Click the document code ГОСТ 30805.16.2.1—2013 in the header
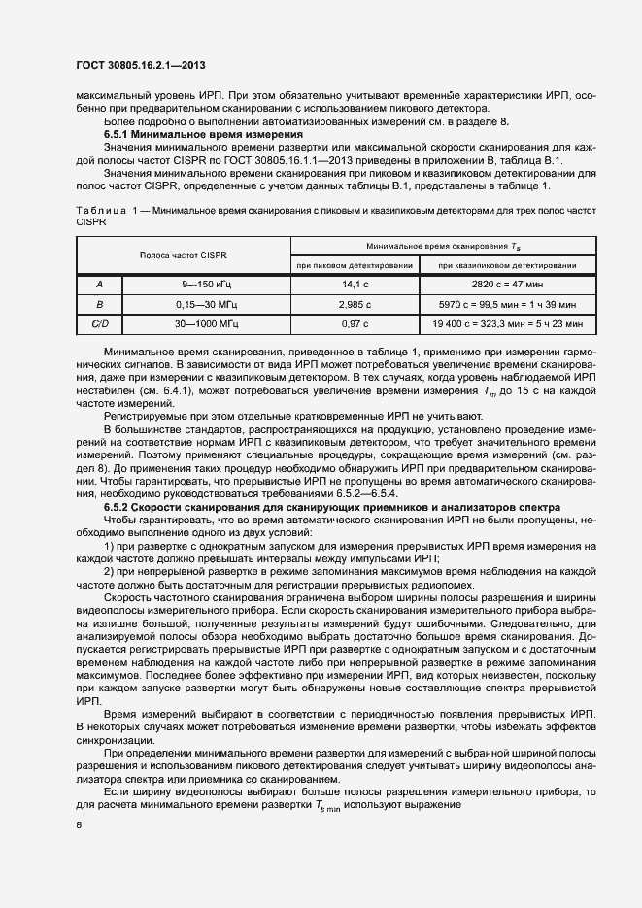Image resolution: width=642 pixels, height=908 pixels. tap(142, 66)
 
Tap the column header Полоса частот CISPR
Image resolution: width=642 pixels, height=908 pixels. tap(183, 255)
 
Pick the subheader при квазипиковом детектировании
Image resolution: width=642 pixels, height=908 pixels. tap(507, 265)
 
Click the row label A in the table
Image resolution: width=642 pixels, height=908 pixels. tap(99, 284)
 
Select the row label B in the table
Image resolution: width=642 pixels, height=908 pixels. tap(99, 303)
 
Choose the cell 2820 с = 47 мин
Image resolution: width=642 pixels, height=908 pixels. tap(507, 284)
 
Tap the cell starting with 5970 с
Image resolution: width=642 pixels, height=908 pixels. tap(507, 303)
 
